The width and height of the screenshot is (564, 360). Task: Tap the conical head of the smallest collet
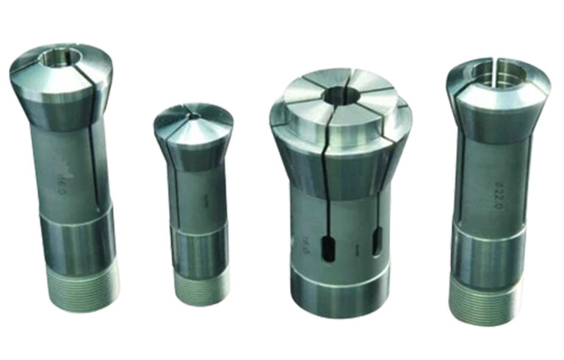(192, 129)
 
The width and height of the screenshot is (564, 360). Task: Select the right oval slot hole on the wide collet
(380, 243)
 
